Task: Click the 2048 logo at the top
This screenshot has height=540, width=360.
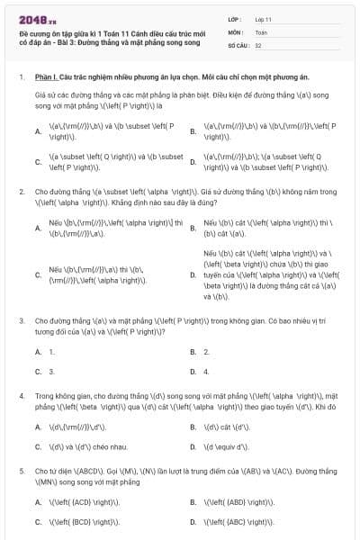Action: (34, 18)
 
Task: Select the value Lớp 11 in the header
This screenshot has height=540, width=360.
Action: (263, 18)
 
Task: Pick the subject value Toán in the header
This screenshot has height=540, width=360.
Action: (261, 31)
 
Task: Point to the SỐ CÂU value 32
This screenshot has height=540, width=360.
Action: (258, 43)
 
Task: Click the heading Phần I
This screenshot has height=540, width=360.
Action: (48, 77)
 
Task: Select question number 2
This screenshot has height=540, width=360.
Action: (22, 192)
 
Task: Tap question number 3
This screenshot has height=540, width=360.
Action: (22, 319)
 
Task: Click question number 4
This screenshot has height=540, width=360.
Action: (22, 394)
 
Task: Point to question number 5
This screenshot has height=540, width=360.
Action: (22, 470)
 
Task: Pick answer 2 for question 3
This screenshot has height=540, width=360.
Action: (206, 351)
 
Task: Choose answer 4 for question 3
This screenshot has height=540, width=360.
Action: (206, 371)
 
